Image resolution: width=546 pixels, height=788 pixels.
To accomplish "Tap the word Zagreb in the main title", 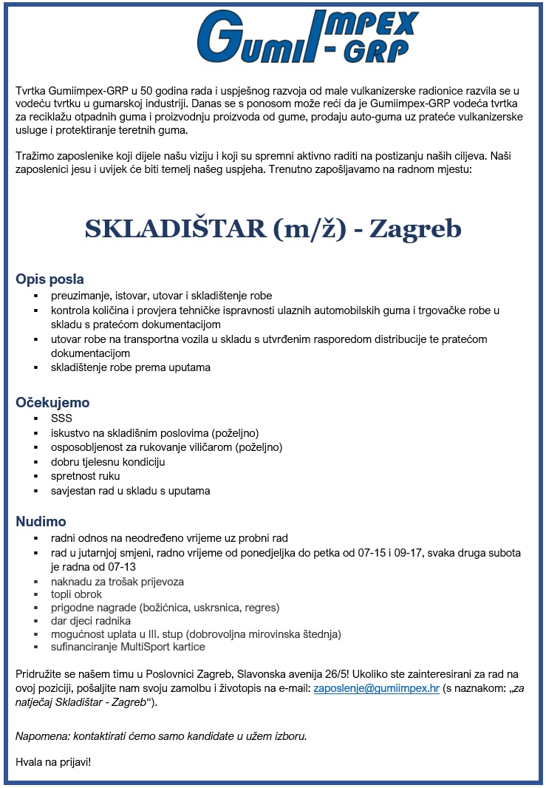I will [415, 228].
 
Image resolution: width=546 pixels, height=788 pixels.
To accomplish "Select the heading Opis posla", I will [50, 279].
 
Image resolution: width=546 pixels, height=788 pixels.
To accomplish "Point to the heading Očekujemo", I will [52, 403].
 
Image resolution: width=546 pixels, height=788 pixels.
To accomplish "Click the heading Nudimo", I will [41, 522].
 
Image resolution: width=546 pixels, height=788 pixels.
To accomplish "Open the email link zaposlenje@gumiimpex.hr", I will [376, 687].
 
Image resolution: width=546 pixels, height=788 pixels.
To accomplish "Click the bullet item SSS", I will [61, 418].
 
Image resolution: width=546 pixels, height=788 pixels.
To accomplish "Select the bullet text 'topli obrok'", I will [76, 594].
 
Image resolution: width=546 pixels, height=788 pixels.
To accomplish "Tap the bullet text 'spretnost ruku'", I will [85, 476].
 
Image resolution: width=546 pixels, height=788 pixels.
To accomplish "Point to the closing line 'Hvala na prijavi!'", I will [53, 761].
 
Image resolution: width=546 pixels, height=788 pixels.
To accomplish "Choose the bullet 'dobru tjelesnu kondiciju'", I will [108, 462].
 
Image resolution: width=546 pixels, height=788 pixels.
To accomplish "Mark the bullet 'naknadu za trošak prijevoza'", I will [117, 582].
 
